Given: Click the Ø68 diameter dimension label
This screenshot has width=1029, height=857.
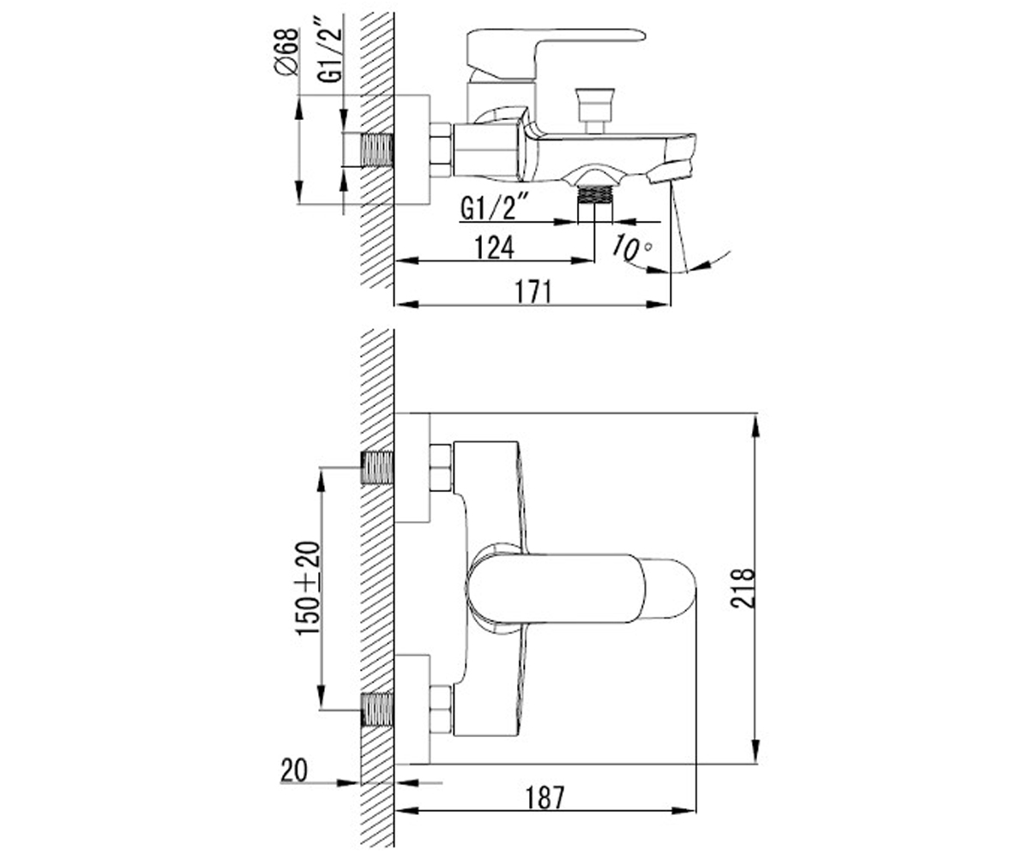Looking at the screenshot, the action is [286, 51].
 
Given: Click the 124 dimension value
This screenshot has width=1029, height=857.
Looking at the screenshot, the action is [494, 248].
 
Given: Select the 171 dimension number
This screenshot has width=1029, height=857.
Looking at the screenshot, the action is [533, 291].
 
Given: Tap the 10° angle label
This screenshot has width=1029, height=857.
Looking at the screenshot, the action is [631, 247].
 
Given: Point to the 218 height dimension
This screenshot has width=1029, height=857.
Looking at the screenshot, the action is [743, 588].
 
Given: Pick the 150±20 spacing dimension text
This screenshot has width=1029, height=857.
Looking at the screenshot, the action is [308, 588].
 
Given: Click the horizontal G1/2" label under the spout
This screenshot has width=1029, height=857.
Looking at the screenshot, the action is [494, 208].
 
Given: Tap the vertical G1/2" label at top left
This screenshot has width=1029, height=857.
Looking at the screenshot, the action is [329, 54].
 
